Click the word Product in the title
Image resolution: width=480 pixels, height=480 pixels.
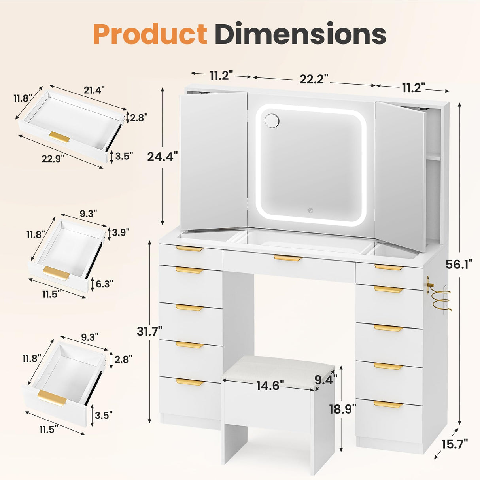pyautogui.click(x=150, y=34)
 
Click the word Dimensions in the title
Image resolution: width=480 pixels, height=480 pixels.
pyautogui.click(x=300, y=34)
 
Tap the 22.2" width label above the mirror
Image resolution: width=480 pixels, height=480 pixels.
pyautogui.click(x=314, y=79)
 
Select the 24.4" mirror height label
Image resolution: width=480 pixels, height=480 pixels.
pyautogui.click(x=162, y=157)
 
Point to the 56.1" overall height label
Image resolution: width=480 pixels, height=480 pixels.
pyautogui.click(x=459, y=264)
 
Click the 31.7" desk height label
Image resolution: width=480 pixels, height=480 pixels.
pyautogui.click(x=149, y=331)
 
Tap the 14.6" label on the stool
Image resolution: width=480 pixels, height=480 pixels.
pyautogui.click(x=270, y=385)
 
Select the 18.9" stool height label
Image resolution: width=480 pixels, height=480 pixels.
pyautogui.click(x=342, y=408)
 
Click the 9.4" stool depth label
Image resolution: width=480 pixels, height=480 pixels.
pyautogui.click(x=326, y=380)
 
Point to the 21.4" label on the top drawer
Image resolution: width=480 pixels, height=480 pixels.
pyautogui.click(x=94, y=90)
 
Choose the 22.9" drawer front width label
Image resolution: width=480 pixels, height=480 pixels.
pyautogui.click(x=53, y=159)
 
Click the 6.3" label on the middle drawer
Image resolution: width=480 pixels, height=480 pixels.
pyautogui.click(x=104, y=283)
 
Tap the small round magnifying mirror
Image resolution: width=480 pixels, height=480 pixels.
pyautogui.click(x=272, y=121)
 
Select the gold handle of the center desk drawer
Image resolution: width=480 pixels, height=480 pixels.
pyautogui.click(x=288, y=258)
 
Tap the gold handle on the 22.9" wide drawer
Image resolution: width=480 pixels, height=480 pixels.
pyautogui.click(x=60, y=136)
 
